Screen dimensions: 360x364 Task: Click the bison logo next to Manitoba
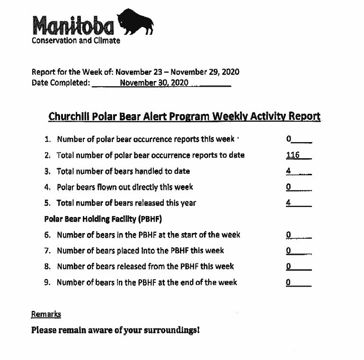click(x=137, y=23)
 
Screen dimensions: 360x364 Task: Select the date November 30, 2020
click(x=154, y=83)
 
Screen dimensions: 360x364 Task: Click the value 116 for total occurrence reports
click(x=293, y=155)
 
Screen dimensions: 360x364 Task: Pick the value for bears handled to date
click(x=288, y=171)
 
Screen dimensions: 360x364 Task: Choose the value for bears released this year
click(x=288, y=203)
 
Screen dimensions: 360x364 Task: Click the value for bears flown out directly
click(x=288, y=187)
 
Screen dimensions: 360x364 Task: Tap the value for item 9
click(x=288, y=282)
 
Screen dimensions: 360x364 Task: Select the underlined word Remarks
click(x=46, y=314)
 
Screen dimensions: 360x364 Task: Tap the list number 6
click(x=48, y=235)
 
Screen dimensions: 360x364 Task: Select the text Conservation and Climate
click(x=76, y=41)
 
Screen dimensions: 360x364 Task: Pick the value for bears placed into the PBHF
click(x=288, y=251)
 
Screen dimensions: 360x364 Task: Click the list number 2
click(x=47, y=155)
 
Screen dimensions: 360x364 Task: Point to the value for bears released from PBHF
click(x=288, y=266)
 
